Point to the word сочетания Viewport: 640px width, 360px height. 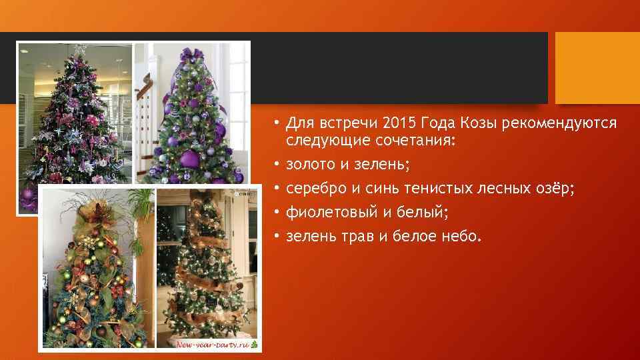click(395, 141)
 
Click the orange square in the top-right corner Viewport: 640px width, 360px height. click(597, 68)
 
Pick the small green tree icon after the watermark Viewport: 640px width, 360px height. click(254, 345)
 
